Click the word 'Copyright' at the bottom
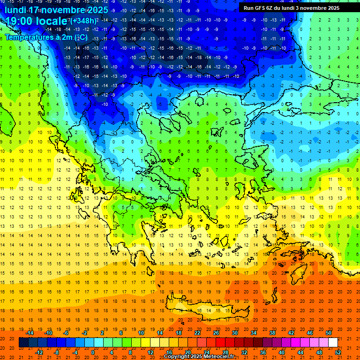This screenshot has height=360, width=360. [x=178, y=357]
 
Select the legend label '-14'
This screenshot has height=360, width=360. [x=30, y=332]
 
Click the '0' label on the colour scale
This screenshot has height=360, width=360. [x=92, y=352]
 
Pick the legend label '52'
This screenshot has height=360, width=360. [x=338, y=352]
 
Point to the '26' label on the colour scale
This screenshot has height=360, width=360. [x=216, y=332]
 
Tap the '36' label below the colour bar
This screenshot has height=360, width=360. [x=262, y=352]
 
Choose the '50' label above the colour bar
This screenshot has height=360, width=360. [x=328, y=332]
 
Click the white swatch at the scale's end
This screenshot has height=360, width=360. [x=333, y=342]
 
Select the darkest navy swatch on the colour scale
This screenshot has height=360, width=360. [x=23, y=342]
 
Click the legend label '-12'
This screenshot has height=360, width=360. [x=39, y=352]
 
